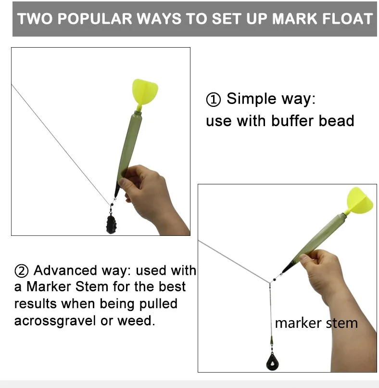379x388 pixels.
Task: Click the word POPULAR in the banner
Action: coord(95,19)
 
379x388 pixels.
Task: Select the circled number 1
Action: coord(213,100)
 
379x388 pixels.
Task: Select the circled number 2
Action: coord(22,271)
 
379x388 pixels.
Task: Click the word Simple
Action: coord(252,99)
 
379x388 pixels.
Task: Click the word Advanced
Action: coord(65,270)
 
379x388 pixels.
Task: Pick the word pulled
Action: coord(158,304)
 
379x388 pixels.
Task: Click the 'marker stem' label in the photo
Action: coord(316,323)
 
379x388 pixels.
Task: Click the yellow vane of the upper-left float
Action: coord(145,91)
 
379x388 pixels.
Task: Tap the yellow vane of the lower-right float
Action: coord(359,200)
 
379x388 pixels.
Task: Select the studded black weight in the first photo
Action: coord(111,224)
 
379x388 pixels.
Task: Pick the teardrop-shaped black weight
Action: coord(272,362)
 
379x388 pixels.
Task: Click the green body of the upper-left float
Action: coord(129,146)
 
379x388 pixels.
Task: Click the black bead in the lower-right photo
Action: coord(275,280)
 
